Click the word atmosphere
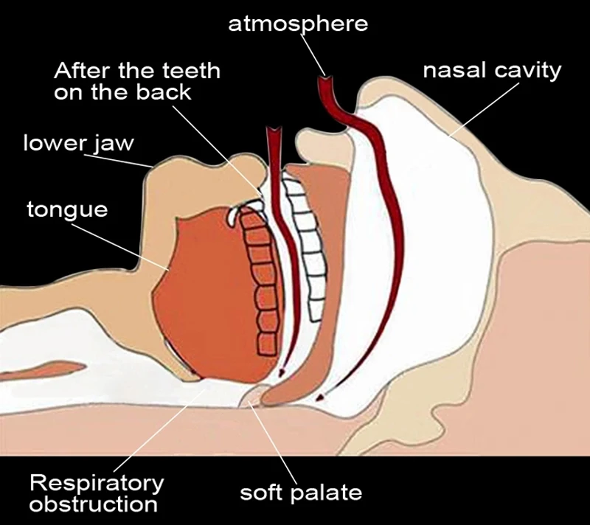tap(297, 23)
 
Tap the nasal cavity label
tap(492, 71)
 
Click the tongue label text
tap(67, 209)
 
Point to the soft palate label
tap(302, 491)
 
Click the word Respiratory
tap(96, 484)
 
